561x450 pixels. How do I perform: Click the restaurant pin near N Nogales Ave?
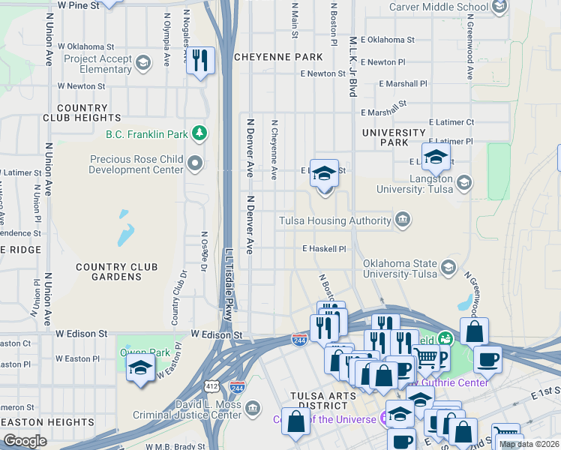click(200, 60)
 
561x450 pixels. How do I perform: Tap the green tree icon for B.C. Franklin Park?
click(199, 134)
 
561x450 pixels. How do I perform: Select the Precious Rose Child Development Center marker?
click(196, 163)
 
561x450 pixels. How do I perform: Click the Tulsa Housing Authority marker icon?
click(403, 220)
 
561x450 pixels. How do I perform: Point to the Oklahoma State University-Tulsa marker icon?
click(448, 268)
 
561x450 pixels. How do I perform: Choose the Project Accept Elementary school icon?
click(142, 63)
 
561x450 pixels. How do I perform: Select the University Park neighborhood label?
click(394, 137)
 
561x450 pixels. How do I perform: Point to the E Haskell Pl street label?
click(324, 248)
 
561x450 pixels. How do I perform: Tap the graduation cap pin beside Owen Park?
click(140, 367)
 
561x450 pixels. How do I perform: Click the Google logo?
click(25, 441)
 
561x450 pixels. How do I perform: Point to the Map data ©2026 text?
click(529, 444)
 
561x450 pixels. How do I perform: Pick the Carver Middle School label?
click(439, 7)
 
